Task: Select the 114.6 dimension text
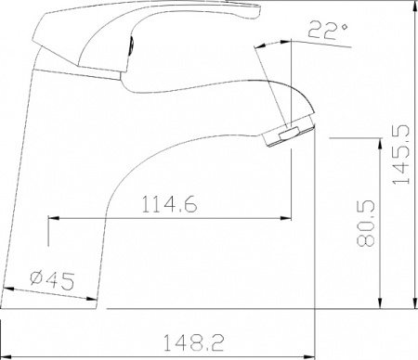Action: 168,206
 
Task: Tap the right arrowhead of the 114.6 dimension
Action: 286,219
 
